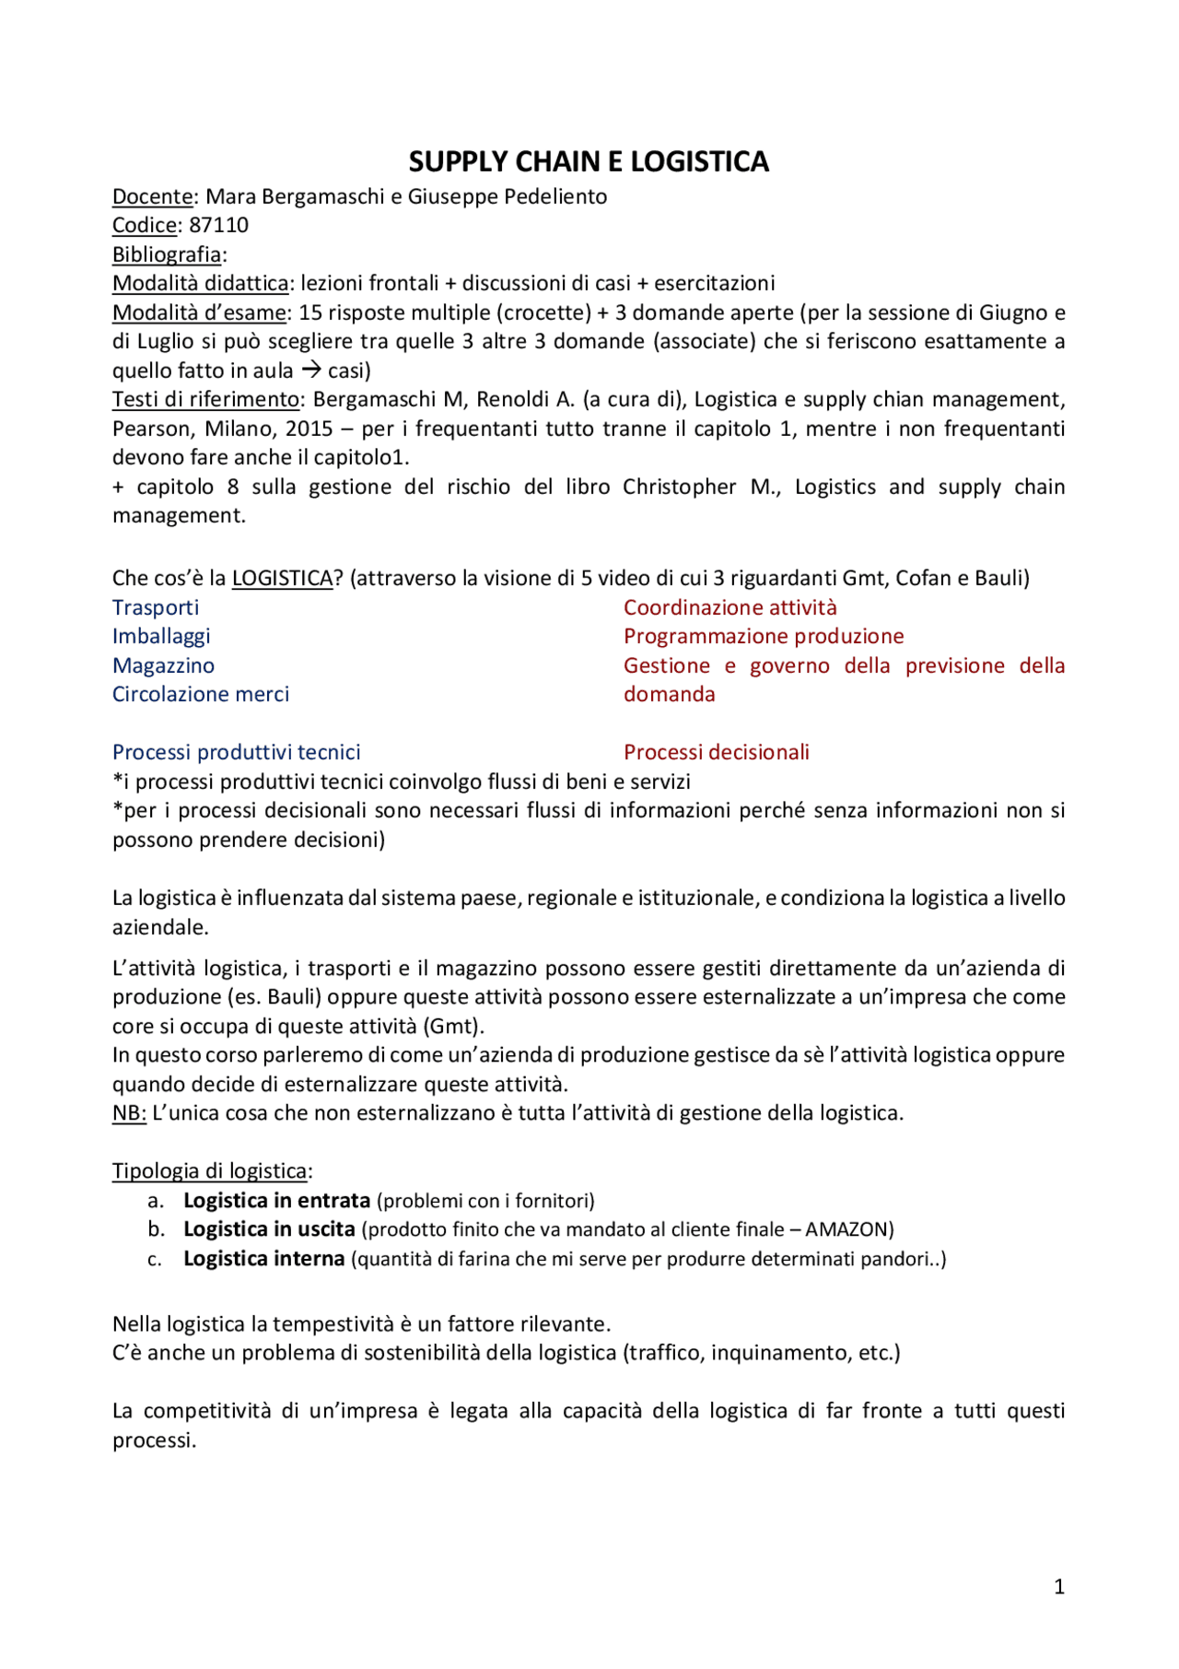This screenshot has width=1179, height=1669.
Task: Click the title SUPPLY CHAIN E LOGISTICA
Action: click(589, 162)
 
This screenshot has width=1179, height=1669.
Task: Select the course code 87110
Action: click(219, 225)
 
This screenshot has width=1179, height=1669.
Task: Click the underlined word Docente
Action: click(153, 196)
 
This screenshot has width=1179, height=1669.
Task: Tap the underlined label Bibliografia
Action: click(167, 254)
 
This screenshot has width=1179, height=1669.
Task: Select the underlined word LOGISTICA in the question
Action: click(282, 578)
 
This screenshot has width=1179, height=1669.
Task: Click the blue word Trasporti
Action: click(156, 607)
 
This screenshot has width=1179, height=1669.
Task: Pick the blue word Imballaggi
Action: click(161, 636)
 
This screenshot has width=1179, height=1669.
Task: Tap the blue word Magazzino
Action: click(163, 665)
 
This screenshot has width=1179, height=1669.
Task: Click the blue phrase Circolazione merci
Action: click(201, 694)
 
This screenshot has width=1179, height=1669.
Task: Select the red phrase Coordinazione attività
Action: click(730, 607)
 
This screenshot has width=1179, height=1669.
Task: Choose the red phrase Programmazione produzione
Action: click(764, 636)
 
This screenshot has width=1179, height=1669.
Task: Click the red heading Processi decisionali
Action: click(716, 752)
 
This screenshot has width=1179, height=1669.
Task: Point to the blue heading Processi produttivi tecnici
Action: click(236, 752)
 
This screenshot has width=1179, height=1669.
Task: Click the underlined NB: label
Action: click(129, 1112)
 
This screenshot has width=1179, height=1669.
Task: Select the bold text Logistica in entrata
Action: click(276, 1200)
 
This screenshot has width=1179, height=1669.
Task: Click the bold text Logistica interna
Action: click(263, 1258)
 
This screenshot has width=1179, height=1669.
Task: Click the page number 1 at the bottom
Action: click(1058, 1586)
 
